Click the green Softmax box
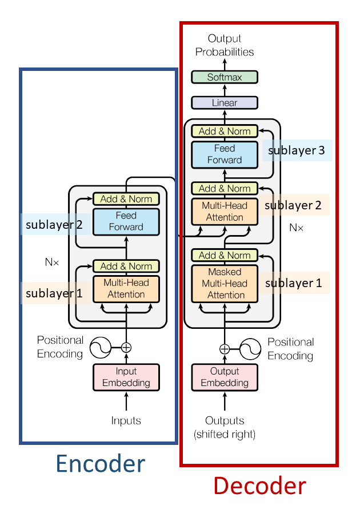pos(225,77)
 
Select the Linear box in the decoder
pos(225,103)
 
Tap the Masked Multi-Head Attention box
pos(225,283)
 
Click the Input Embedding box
pos(126,377)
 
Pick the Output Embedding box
pos(225,377)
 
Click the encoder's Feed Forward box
pos(126,221)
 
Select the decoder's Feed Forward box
pos(225,154)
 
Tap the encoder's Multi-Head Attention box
pos(126,288)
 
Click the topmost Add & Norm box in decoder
pos(225,131)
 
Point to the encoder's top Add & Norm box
pos(126,199)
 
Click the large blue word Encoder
pos(100,464)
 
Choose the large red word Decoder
pos(259,486)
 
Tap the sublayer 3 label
pos(297,150)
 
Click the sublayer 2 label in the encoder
pos(52,225)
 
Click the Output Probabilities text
pos(225,45)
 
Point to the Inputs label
pos(126,421)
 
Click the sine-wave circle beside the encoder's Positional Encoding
pos(98,347)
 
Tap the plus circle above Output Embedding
pos(225,348)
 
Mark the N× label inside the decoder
pos(296,227)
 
